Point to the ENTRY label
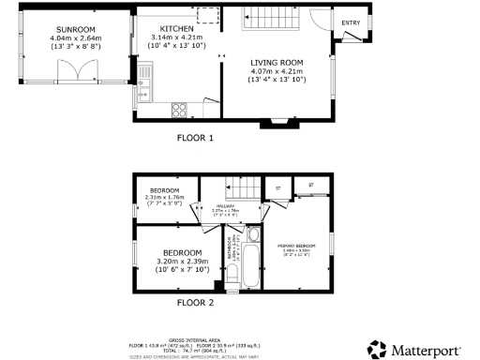click(351, 23)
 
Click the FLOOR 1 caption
click(195, 139)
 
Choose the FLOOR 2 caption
click(195, 303)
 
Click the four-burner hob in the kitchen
click(178, 111)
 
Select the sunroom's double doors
click(85, 72)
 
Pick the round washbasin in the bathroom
click(252, 234)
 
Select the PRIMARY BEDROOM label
click(293, 247)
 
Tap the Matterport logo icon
click(376, 350)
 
